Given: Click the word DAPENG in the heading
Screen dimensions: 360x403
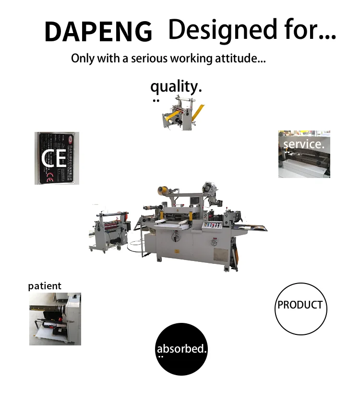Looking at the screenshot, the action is [x=98, y=32].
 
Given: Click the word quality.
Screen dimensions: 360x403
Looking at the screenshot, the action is [x=176, y=87].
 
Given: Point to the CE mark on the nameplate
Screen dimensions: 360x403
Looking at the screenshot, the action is [x=54, y=158].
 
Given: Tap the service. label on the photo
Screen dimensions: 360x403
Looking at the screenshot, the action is [x=304, y=144].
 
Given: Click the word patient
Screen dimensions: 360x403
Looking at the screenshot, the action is [x=45, y=286].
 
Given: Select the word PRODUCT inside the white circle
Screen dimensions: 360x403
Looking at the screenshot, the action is [x=300, y=305].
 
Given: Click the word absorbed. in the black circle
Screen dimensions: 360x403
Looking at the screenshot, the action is [x=181, y=349].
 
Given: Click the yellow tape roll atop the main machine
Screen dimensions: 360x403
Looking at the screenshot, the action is [x=163, y=191].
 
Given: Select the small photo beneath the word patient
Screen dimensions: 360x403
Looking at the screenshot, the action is [x=55, y=319].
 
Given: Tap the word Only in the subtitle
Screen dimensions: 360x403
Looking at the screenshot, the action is [x=83, y=59].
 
